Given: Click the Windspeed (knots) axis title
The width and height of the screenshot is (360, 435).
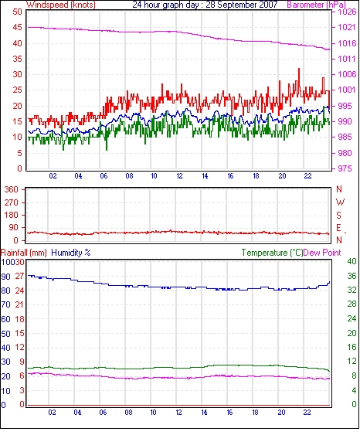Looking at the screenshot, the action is pyautogui.click(x=61, y=5).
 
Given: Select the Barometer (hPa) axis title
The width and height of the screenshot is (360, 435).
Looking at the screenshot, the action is pyautogui.click(x=317, y=5).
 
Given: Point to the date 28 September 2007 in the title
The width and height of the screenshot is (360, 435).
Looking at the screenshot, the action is pyautogui.click(x=242, y=5).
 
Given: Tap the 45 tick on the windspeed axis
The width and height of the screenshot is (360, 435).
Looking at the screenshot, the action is pyautogui.click(x=17, y=28).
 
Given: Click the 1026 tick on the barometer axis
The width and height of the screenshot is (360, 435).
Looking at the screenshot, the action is pyautogui.click(x=347, y=12).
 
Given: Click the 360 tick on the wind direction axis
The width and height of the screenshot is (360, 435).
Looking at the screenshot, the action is pyautogui.click(x=12, y=190).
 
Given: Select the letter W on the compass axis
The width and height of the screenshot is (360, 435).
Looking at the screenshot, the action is pyautogui.click(x=340, y=202).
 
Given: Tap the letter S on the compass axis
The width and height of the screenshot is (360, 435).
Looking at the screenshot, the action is pyautogui.click(x=338, y=216).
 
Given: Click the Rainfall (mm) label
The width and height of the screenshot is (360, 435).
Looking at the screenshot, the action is pyautogui.click(x=24, y=253).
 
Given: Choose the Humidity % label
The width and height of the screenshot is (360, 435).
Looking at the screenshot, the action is pyautogui.click(x=71, y=253).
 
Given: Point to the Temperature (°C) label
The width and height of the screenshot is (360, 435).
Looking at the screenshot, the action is pyautogui.click(x=272, y=253).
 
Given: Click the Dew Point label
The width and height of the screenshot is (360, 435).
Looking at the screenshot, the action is pyautogui.click(x=322, y=253).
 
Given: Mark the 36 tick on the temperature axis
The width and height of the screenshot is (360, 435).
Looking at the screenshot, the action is pyautogui.click(x=352, y=276).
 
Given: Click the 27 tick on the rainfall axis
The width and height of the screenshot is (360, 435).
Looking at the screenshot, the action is pyautogui.click(x=19, y=277).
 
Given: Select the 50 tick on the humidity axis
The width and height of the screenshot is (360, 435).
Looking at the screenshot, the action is pyautogui.click(x=6, y=334).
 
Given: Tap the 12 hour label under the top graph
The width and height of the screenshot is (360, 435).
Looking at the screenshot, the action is pyautogui.click(x=179, y=176).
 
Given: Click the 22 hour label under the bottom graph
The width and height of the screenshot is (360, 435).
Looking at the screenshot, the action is pyautogui.click(x=307, y=413).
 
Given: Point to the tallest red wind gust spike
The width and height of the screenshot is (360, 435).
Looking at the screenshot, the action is pyautogui.click(x=299, y=69).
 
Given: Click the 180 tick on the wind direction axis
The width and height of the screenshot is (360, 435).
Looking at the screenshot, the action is pyautogui.click(x=12, y=216).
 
